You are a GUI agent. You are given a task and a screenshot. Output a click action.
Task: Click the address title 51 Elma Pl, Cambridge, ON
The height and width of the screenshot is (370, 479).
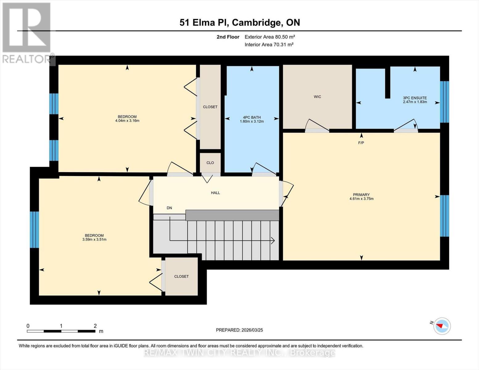click(240, 23)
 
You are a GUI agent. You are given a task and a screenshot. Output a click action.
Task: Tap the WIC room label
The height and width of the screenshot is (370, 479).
click(317, 97)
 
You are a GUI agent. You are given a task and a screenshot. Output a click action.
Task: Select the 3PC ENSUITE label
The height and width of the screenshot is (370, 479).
click(415, 98)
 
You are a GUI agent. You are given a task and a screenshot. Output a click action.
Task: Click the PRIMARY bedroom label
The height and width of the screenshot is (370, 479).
click(361, 195)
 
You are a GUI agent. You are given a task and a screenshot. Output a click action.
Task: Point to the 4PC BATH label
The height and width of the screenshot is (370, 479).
click(252, 117)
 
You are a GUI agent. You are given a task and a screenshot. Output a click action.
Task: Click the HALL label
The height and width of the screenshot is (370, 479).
click(215, 193)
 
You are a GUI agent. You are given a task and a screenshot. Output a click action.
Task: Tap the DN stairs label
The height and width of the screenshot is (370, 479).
click(169, 208)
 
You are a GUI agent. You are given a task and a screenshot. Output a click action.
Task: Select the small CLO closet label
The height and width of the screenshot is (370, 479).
click(210, 163)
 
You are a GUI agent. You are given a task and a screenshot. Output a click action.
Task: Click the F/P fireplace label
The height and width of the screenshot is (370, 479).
click(361, 143)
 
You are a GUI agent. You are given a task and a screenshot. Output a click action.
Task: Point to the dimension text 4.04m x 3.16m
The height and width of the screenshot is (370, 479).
click(127, 121)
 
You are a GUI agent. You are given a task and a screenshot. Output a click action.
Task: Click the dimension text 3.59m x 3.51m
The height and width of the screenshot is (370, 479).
click(94, 240)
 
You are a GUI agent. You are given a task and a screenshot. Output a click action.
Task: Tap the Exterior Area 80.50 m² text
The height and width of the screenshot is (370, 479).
click(270, 37)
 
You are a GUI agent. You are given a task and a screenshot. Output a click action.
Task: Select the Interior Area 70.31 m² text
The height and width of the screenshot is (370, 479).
click(269, 44)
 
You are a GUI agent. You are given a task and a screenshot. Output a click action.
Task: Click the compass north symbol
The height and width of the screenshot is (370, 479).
click(442, 326)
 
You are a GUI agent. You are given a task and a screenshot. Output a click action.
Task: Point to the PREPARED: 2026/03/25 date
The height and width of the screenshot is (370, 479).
click(239, 330)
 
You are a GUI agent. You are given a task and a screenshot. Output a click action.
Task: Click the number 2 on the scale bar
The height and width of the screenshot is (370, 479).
click(95, 326)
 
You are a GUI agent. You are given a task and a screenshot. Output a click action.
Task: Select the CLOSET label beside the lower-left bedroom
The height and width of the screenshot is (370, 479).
click(181, 277)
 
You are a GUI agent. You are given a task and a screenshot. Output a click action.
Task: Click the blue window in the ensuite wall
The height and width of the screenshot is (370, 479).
click(444, 102)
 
